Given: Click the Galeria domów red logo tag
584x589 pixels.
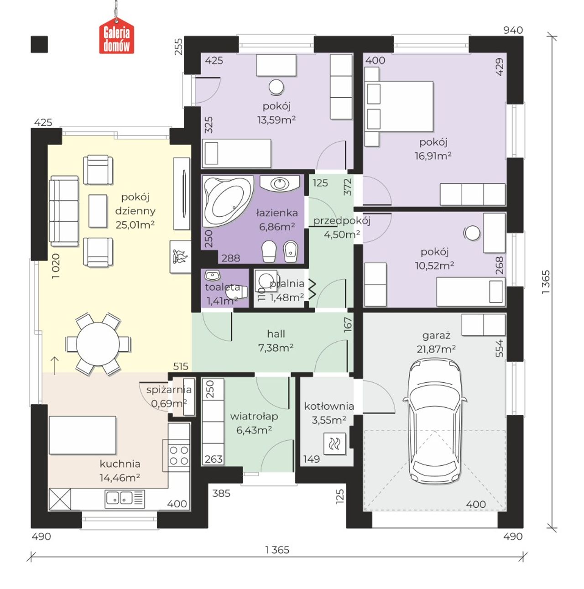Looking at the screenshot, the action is [116, 36].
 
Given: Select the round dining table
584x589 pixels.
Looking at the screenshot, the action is [98, 344].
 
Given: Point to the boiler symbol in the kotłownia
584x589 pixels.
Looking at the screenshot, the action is [334, 443].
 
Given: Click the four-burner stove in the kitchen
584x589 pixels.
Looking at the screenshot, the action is [179, 455].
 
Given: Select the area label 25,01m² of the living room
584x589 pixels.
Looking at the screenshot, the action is [135, 224].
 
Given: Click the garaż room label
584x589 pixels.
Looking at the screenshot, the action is [436, 336].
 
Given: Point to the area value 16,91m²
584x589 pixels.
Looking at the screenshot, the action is [433, 156].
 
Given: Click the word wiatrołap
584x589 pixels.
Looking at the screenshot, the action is [254, 416].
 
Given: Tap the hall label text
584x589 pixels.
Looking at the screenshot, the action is [276, 334].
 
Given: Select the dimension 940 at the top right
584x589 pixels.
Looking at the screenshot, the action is [513, 30].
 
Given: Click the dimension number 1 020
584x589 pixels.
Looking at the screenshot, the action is [56, 266].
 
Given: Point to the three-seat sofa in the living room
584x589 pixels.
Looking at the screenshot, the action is [64, 211].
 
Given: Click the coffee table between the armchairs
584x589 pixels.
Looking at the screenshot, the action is [98, 211].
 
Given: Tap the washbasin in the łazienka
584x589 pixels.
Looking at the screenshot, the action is [280, 183].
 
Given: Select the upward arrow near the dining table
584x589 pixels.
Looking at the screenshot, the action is [55, 365].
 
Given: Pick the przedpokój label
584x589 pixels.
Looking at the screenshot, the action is [342, 220].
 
